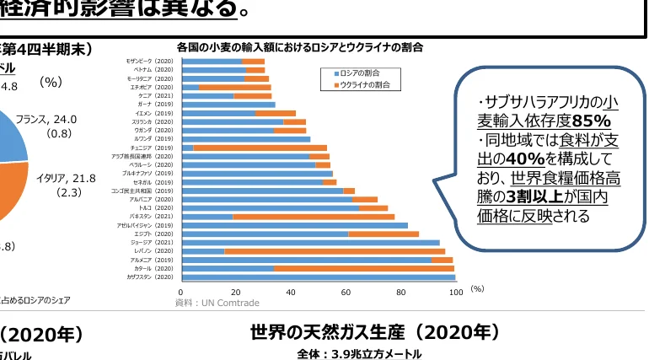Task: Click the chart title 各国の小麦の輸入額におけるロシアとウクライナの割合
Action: coord(299,46)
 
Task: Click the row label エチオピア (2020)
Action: coord(151,88)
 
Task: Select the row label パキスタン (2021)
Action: coord(151,217)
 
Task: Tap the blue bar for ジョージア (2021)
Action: coord(311,243)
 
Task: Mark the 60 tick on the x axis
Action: coord(346,293)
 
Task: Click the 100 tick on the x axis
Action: coord(455,293)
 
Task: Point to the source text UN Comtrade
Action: coord(229,303)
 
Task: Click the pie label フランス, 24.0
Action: coord(46,119)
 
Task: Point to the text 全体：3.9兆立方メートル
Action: coord(359,354)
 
